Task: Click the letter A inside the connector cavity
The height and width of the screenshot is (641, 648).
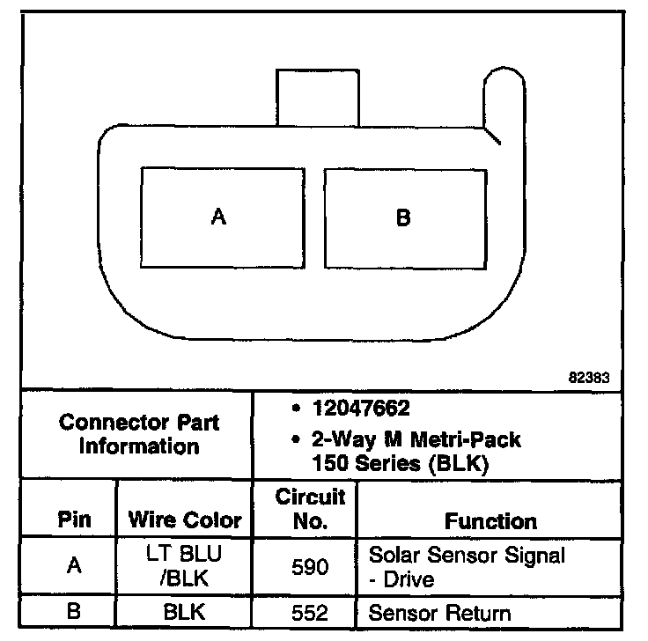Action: tap(218, 217)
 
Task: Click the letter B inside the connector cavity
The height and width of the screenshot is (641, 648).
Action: tap(403, 217)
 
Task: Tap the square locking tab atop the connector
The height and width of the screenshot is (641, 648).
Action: tap(318, 98)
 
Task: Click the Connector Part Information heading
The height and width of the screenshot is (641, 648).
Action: tap(139, 434)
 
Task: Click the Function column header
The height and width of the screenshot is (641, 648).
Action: tap(490, 520)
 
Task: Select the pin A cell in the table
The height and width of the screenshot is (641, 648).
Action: tap(74, 567)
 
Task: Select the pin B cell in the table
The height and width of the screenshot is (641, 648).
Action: tap(74, 613)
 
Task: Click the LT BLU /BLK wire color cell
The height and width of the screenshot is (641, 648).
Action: tap(185, 567)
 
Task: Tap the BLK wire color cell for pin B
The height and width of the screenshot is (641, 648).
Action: tap(185, 613)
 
